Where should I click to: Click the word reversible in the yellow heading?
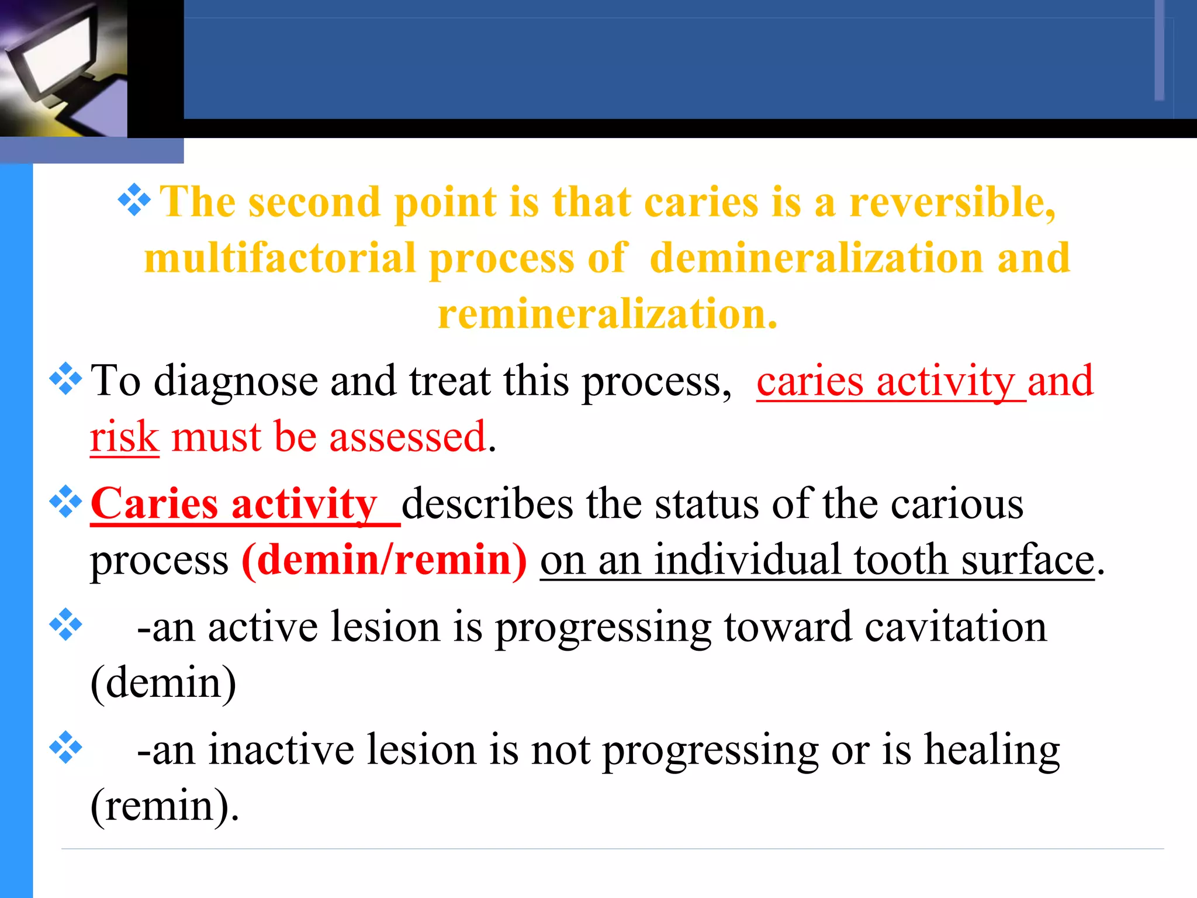click(953, 202)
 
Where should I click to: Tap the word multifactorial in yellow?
click(280, 258)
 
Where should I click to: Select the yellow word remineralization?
click(608, 314)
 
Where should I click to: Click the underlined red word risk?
click(124, 437)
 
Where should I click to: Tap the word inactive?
click(281, 751)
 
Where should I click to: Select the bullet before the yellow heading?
click(134, 200)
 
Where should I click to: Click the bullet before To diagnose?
click(65, 379)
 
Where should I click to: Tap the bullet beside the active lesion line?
click(65, 625)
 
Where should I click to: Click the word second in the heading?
click(314, 202)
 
